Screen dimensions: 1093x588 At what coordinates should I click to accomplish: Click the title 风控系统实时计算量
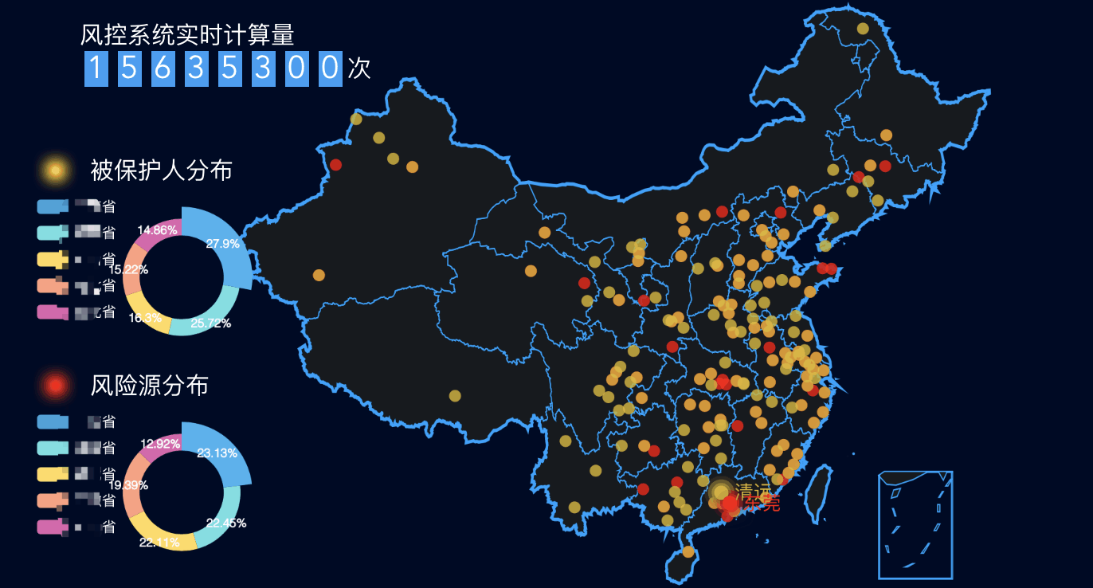click(187, 34)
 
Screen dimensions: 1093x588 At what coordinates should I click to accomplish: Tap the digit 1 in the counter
click(96, 69)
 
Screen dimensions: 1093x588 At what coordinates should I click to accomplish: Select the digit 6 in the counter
click(163, 69)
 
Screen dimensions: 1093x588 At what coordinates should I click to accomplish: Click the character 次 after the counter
click(359, 69)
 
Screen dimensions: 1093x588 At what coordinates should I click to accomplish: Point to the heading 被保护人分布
click(161, 170)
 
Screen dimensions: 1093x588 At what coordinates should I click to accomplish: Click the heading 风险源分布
click(149, 386)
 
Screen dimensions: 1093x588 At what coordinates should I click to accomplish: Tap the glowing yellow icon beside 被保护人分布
click(54, 170)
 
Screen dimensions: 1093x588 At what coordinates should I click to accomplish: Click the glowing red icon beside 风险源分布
click(55, 386)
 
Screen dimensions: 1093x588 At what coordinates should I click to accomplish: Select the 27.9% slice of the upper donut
click(223, 243)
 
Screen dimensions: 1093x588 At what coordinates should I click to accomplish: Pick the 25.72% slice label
click(211, 323)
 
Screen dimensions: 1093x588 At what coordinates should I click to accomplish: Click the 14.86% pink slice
click(157, 230)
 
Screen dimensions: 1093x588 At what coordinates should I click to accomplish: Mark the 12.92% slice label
click(160, 444)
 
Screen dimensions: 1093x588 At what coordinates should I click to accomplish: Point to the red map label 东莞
click(763, 504)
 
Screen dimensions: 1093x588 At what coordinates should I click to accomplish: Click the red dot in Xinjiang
click(335, 165)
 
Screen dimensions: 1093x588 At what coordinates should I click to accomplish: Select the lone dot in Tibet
click(455, 395)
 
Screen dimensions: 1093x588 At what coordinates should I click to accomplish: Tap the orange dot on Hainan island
click(688, 551)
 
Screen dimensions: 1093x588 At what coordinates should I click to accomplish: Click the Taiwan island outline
click(819, 488)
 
